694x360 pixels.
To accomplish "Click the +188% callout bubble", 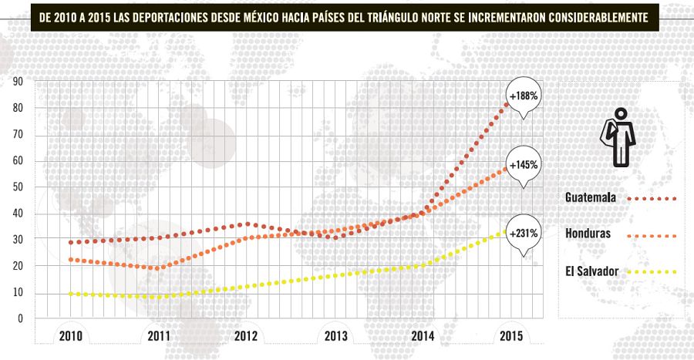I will point(523,96).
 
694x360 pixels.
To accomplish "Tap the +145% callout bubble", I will point(523,164).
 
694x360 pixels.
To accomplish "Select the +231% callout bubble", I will point(523,232).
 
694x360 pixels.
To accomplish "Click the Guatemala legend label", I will point(590,198).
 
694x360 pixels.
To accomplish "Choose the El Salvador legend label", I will point(590,271).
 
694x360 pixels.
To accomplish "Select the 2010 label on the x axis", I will point(71,336).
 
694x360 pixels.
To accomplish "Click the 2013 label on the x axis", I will point(335,336).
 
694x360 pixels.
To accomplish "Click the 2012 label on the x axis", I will point(246,336).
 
